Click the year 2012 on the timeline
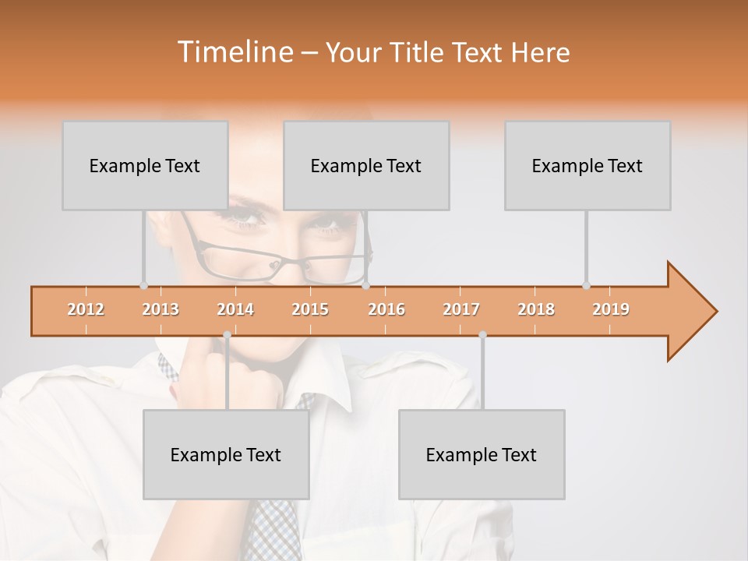click(x=86, y=309)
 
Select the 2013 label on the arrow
click(x=161, y=309)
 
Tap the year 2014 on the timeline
click(x=235, y=309)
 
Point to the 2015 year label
click(x=310, y=309)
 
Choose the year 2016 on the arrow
click(x=386, y=309)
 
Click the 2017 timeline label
click(x=461, y=309)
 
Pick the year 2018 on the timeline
click(x=536, y=309)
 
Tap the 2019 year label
click(x=611, y=309)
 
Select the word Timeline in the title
click(x=234, y=52)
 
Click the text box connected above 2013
click(x=145, y=165)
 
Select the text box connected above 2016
click(x=366, y=165)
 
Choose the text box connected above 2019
click(x=587, y=165)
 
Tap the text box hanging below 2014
click(x=226, y=454)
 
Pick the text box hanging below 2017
click(x=482, y=454)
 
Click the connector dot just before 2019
click(x=586, y=285)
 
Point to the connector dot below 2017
click(x=482, y=334)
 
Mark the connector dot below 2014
click(x=227, y=334)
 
